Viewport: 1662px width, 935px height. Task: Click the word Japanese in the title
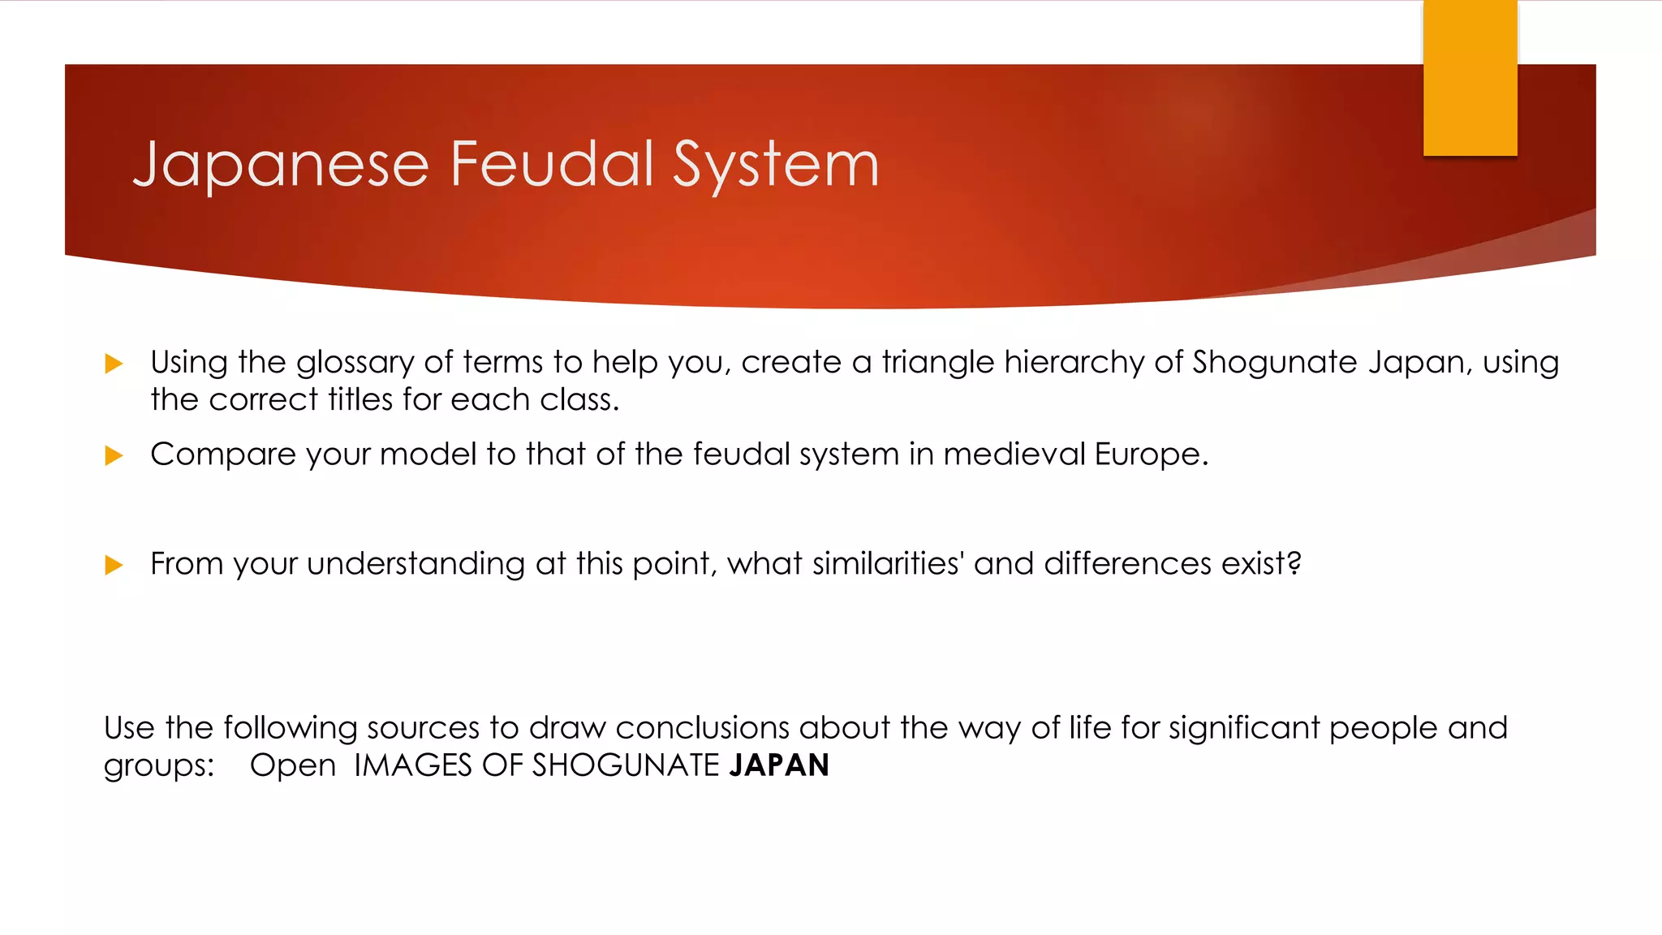pos(280,166)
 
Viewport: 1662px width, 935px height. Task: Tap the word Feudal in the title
pos(552,164)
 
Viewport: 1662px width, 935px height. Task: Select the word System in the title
pos(776,166)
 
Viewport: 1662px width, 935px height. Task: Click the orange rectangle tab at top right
pos(1470,78)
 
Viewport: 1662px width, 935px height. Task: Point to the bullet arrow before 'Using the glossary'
pos(114,364)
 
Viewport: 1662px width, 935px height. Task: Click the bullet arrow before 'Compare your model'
pos(114,455)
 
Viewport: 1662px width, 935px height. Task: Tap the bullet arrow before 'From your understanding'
pos(114,565)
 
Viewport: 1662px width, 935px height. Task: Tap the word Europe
pos(1151,454)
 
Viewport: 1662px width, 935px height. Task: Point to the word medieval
pos(1014,454)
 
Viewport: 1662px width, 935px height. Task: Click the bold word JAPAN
pos(779,765)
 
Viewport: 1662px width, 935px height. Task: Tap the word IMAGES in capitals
pos(412,765)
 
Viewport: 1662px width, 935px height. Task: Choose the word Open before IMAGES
pos(292,766)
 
